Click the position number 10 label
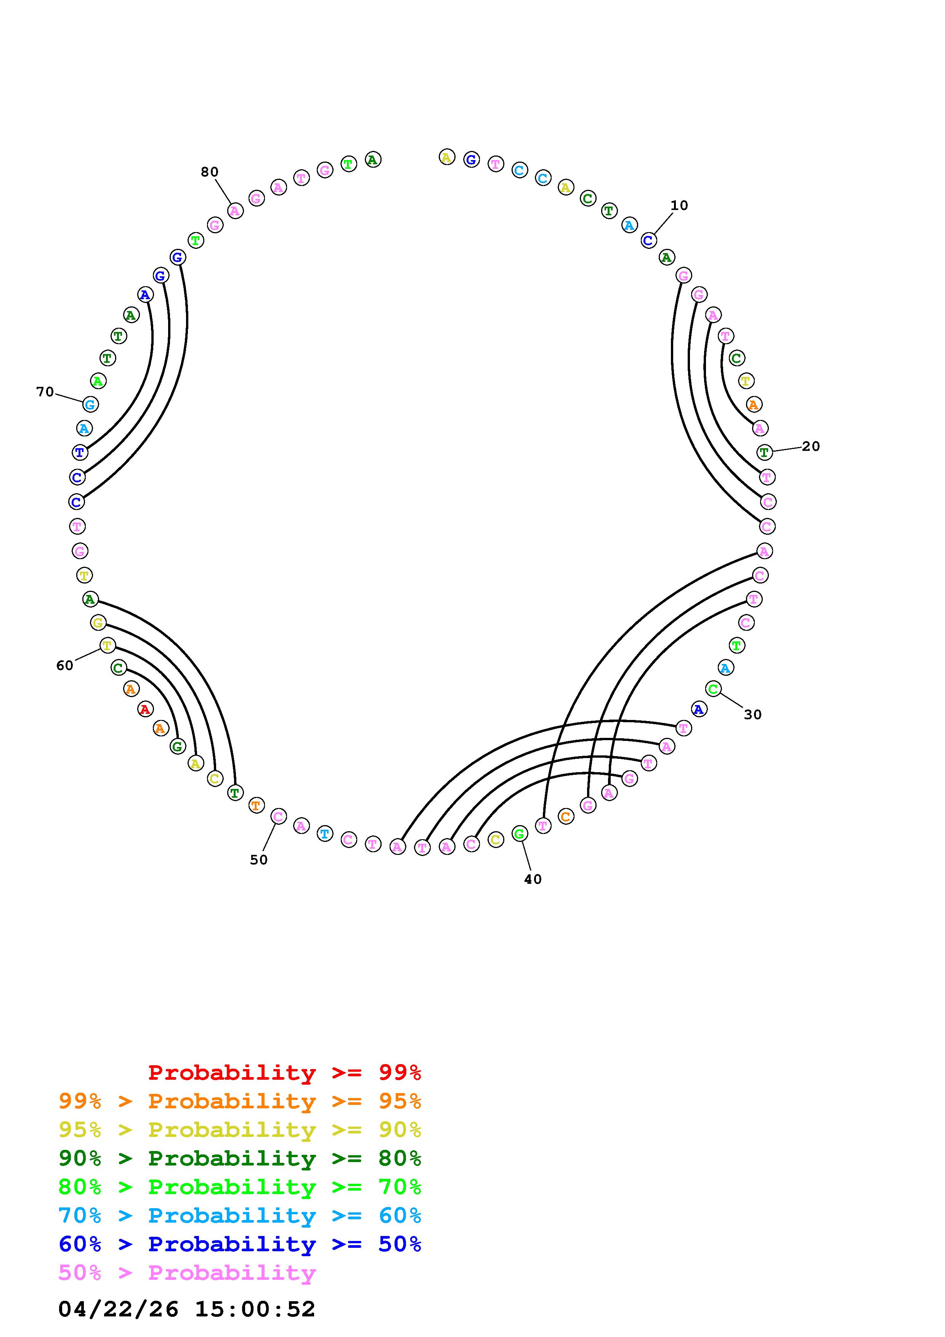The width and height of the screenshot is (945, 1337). (x=679, y=205)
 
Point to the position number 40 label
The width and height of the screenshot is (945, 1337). (x=533, y=879)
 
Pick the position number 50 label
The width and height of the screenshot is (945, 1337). (x=258, y=860)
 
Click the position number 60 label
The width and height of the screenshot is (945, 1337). (x=65, y=665)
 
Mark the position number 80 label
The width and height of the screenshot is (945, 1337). (x=210, y=172)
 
